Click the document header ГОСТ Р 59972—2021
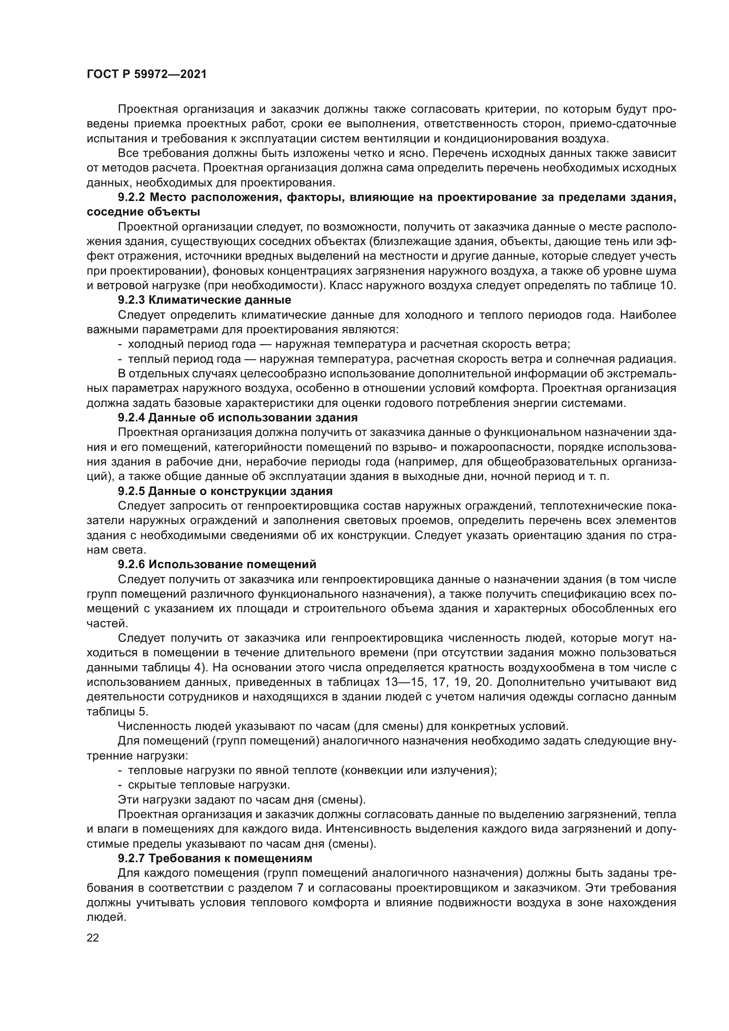(x=146, y=74)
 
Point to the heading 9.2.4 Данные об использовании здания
(x=238, y=417)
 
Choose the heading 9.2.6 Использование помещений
(x=217, y=564)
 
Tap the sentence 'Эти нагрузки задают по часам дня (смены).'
(x=242, y=799)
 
